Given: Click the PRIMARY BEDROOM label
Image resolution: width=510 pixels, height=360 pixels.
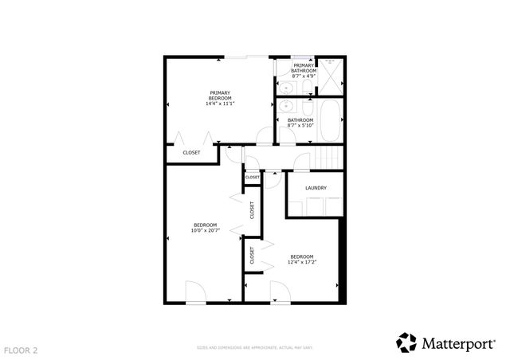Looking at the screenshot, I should pyautogui.click(x=221, y=95).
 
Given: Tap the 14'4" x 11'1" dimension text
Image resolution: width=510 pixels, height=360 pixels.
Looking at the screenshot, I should pyautogui.click(x=221, y=104).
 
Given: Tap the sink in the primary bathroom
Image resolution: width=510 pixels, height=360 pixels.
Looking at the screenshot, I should pyautogui.click(x=285, y=87).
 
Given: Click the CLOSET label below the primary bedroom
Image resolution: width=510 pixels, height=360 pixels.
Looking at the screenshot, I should pyautogui.click(x=192, y=152).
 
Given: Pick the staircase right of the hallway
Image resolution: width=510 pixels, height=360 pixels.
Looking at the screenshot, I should pyautogui.click(x=327, y=159).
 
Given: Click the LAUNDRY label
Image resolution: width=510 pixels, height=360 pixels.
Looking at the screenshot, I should pyautogui.click(x=316, y=188).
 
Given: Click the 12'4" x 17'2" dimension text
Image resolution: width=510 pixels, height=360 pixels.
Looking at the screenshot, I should pyautogui.click(x=303, y=263).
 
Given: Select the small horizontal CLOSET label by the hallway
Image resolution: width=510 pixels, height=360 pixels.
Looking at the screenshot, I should pyautogui.click(x=252, y=178).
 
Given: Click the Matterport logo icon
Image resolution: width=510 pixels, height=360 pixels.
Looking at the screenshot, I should pyautogui.click(x=406, y=342).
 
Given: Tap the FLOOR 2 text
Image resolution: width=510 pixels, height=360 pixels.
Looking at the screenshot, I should pyautogui.click(x=21, y=350).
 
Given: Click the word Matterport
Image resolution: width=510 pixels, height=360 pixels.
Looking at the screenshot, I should pyautogui.click(x=461, y=343).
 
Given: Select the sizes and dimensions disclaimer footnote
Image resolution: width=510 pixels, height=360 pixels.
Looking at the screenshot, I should pyautogui.click(x=255, y=348).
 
